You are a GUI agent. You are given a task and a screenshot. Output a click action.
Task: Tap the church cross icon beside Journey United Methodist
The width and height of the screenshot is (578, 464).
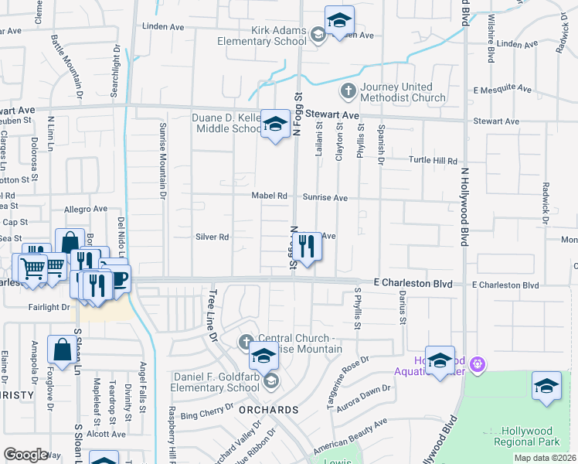point(348,91)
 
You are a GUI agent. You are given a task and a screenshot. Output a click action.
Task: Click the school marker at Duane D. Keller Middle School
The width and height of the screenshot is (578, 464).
point(274,124)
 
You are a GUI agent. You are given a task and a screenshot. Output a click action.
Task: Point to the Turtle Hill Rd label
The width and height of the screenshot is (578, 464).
point(433,161)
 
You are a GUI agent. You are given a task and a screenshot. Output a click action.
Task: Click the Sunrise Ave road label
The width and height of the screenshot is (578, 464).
point(325,198)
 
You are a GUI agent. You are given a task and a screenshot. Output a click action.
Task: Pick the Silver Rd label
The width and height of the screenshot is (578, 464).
point(212,237)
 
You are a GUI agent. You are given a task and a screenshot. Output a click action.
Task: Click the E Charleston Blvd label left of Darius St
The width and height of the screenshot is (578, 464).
point(413,284)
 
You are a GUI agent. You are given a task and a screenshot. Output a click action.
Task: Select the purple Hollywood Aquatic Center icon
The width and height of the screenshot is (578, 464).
point(478,362)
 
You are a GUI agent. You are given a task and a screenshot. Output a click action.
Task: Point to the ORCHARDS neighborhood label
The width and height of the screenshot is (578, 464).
point(269,409)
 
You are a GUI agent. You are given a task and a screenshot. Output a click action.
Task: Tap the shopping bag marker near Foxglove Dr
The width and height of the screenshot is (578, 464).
point(61,350)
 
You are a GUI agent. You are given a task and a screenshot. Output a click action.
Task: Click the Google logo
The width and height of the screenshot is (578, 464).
point(25,455)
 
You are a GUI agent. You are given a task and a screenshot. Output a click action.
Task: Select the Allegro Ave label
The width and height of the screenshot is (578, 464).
point(86,209)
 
